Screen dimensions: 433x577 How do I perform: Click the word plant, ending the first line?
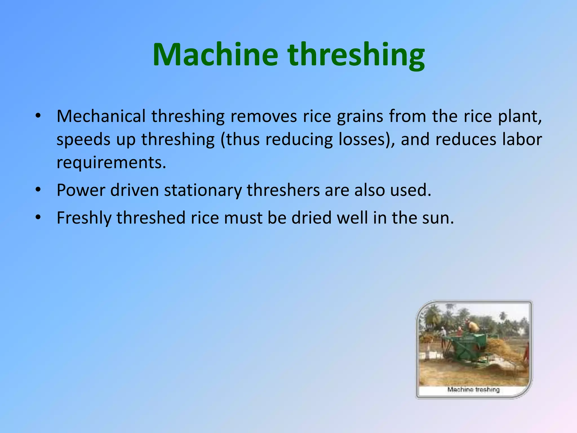coord(520,116)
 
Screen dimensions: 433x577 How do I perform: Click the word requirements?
coord(111,163)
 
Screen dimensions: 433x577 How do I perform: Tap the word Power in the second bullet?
coord(81,190)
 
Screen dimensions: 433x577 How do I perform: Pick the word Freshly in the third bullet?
coord(84,218)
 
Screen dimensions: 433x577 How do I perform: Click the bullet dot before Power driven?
coord(38,190)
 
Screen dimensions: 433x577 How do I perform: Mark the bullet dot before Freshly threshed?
coord(38,218)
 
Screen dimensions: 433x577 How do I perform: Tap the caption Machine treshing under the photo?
coord(473,390)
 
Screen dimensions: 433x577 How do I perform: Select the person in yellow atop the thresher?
coord(473,326)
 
